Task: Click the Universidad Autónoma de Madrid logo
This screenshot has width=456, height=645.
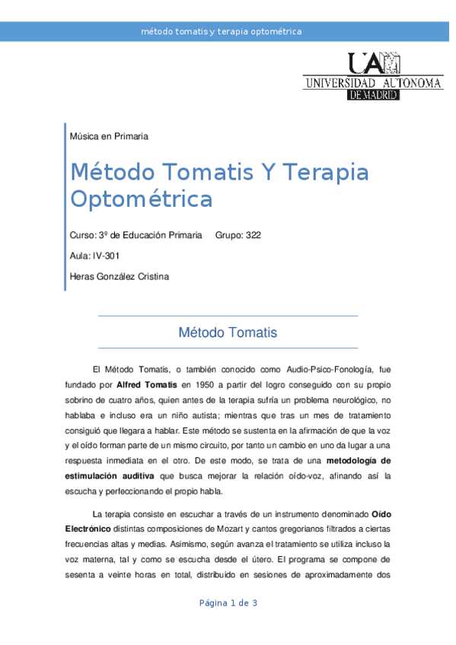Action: pos(372,77)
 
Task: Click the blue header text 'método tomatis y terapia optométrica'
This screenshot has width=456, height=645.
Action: pos(222,32)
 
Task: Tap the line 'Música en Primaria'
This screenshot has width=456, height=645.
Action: pos(108,136)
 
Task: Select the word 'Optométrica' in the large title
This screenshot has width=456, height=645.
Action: pos(141,200)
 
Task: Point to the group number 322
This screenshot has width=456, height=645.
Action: pos(254,236)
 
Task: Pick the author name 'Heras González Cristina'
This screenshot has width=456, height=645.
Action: pos(119,277)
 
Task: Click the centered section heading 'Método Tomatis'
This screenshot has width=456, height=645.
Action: pos(228,332)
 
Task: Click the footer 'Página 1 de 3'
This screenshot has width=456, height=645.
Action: pos(228,603)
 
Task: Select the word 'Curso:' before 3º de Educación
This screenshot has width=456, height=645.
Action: pos(82,236)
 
